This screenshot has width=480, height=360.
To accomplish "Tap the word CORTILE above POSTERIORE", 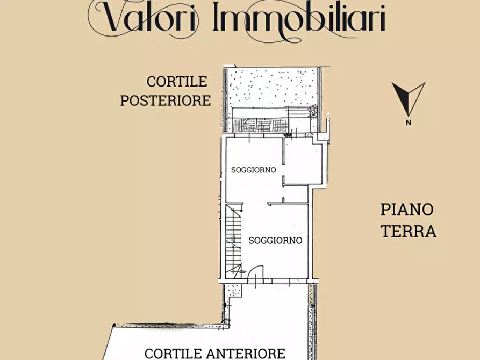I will coord(177,82).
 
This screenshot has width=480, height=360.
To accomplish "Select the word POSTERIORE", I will coord(165,100).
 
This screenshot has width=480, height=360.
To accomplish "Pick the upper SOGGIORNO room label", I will coord(253,170).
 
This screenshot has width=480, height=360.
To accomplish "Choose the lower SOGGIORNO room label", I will coord(275,241).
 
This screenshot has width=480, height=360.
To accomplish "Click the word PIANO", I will coord(407,209).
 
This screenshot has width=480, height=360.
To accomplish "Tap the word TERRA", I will coord(409,231).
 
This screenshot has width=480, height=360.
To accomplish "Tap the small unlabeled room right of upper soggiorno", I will coord(303,161).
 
